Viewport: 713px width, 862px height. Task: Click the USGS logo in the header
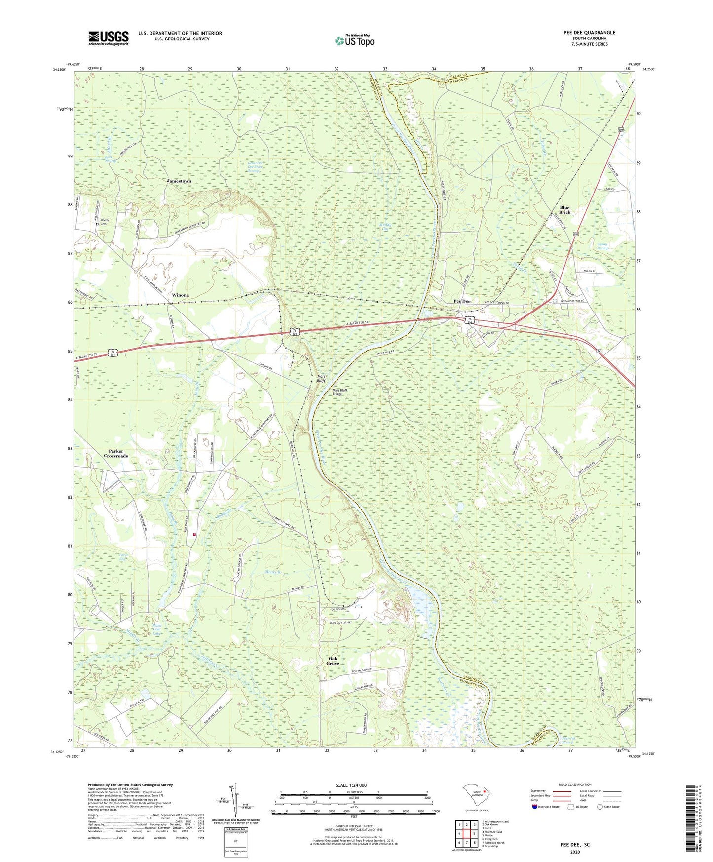coord(108,38)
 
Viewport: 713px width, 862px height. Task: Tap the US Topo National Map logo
coord(354,40)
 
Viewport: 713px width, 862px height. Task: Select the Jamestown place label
coord(179,181)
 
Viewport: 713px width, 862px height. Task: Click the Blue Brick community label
coord(564,210)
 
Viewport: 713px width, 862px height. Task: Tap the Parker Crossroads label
coord(115,454)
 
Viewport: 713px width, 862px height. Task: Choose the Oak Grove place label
coord(333,661)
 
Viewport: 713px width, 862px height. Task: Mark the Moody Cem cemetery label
coord(104,222)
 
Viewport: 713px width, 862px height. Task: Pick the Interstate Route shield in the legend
coord(535,807)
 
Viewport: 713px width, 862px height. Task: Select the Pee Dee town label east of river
coord(462,301)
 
